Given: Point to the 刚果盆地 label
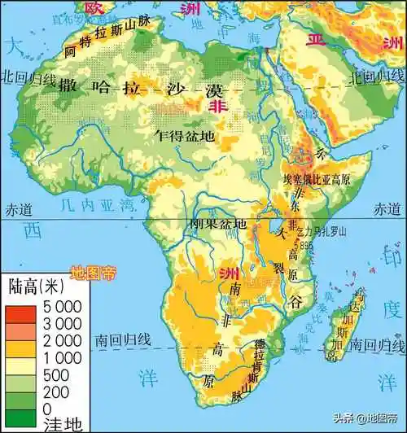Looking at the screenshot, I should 218,223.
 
